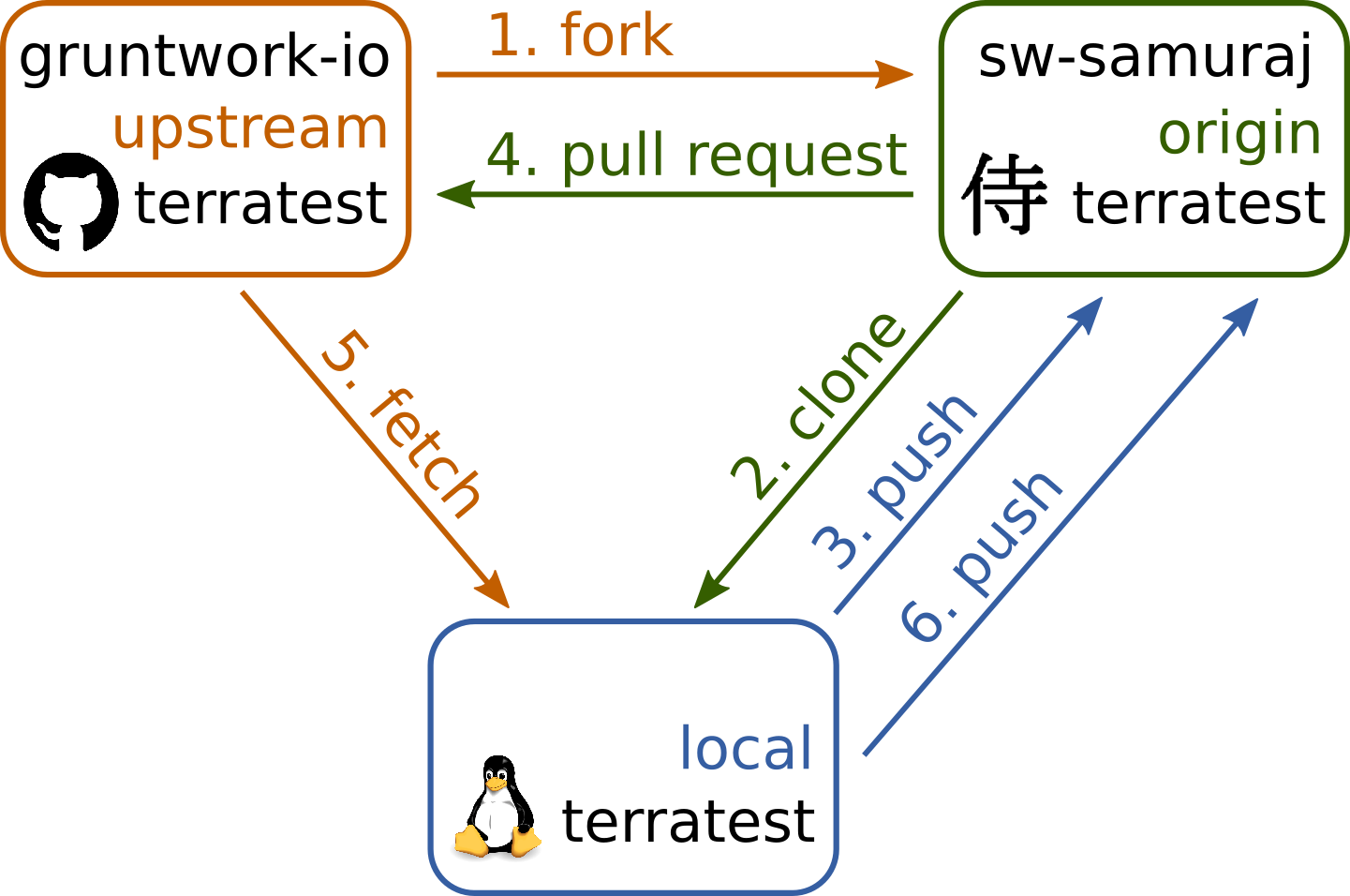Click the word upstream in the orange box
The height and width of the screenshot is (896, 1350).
(249, 129)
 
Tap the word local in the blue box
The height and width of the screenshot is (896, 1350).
(746, 749)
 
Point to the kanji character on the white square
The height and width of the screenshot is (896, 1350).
(1004, 195)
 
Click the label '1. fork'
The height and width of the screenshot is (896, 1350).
(581, 36)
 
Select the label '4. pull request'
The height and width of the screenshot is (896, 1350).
(697, 156)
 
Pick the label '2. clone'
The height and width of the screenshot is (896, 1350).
(817, 405)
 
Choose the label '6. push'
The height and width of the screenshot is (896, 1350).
(981, 559)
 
